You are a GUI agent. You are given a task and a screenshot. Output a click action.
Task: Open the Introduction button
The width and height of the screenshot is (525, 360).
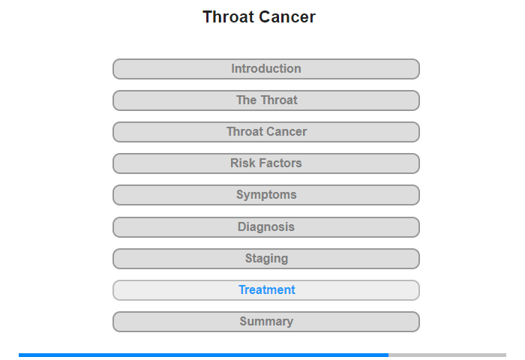point(265,69)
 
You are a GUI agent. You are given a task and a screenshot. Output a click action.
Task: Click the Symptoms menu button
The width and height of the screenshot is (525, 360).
point(265,195)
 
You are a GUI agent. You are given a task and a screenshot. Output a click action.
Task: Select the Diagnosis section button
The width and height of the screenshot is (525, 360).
point(265,227)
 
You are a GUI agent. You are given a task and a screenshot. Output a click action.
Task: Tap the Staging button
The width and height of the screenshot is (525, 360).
point(265,259)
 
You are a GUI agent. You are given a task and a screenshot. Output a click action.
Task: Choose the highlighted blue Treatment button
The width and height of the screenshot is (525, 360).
point(265,290)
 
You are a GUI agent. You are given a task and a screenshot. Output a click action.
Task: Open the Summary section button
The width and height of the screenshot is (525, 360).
point(265,322)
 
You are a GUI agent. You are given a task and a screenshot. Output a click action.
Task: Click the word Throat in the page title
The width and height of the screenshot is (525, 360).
point(228,16)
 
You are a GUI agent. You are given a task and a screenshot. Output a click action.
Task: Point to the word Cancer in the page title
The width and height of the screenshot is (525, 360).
point(287,16)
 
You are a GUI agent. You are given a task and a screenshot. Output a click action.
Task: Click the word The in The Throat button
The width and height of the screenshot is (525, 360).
point(247,100)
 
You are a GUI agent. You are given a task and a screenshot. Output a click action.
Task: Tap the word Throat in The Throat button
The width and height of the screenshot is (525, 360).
point(279,100)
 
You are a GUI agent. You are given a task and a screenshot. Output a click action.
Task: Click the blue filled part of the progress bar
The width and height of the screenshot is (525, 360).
point(203,355)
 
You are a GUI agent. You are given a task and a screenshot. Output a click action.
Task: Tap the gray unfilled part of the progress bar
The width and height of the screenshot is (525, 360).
point(447,355)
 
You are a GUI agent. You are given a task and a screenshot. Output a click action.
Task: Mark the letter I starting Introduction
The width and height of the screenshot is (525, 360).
point(233,69)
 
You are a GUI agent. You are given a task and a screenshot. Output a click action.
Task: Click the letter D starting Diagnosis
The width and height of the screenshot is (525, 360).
point(241,226)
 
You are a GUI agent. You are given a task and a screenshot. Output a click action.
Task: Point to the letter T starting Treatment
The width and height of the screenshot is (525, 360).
point(242,289)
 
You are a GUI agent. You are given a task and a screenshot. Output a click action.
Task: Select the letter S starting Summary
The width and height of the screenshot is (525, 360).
point(244,321)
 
